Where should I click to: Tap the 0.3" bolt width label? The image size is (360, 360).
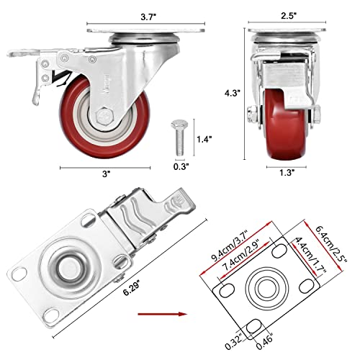180,167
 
